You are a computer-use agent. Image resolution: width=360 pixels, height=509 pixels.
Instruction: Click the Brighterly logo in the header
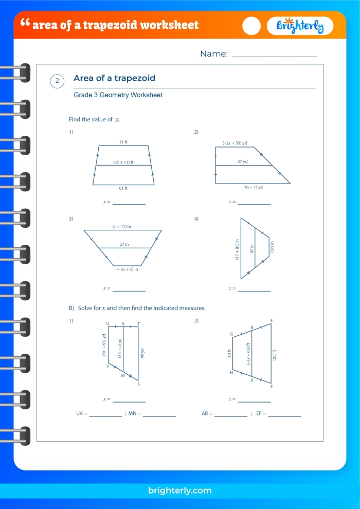[300, 26]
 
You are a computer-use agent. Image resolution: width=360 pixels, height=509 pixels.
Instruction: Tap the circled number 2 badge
[57, 81]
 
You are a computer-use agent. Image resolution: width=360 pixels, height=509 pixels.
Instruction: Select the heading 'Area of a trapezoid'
[114, 78]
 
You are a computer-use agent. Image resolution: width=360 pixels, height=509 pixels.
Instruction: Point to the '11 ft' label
[123, 141]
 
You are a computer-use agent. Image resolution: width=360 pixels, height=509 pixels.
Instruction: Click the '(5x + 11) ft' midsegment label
[123, 162]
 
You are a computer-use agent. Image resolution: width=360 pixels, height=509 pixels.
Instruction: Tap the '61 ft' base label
[123, 188]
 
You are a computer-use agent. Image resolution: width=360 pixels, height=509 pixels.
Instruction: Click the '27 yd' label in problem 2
[243, 161]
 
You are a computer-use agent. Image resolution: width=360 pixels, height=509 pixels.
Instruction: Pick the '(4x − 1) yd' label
[253, 187]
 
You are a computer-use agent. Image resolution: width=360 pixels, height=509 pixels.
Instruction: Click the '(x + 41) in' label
[121, 226]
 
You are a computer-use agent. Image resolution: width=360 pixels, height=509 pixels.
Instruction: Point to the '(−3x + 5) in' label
[127, 268]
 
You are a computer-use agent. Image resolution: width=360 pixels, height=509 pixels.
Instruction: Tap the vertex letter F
[271, 321]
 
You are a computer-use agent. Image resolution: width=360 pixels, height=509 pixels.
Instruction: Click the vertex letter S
[138, 384]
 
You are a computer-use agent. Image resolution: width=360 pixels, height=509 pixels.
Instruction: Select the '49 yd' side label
[142, 354]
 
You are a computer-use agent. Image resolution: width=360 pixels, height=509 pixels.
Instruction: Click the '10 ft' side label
[229, 353]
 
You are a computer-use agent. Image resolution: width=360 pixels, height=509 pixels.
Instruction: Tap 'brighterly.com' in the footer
[179, 490]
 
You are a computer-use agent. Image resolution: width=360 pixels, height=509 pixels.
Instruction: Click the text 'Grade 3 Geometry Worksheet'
[118, 95]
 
